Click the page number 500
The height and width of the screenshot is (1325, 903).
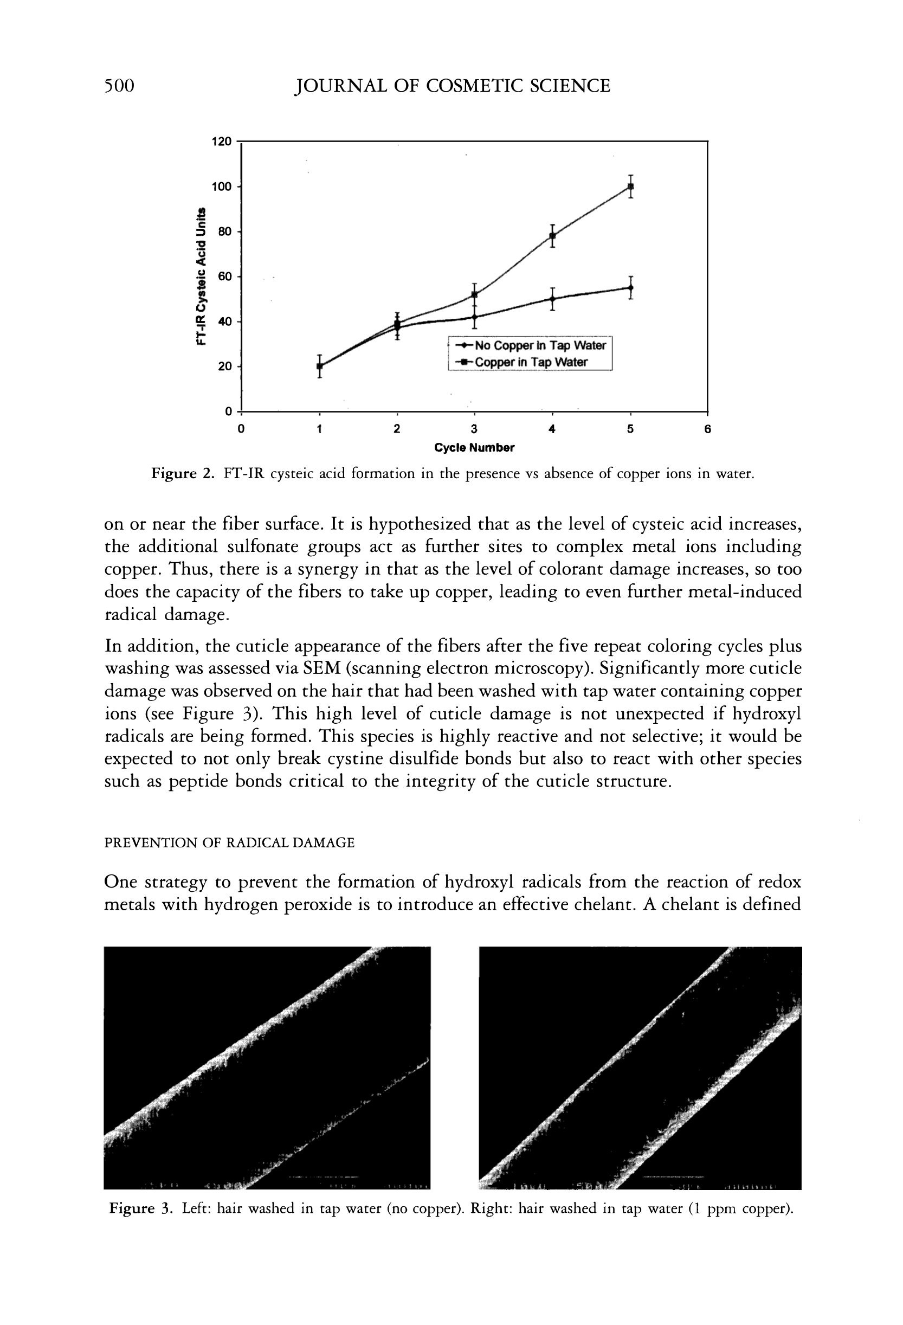[x=119, y=86]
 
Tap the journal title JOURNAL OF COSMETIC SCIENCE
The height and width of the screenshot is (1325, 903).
[x=451, y=86]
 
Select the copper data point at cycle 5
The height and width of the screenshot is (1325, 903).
[x=630, y=186]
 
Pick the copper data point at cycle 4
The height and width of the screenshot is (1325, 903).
[x=552, y=235]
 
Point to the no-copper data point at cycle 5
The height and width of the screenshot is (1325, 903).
[x=630, y=287]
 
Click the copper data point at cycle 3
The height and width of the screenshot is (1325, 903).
[x=474, y=295]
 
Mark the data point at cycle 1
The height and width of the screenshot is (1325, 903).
[x=319, y=366]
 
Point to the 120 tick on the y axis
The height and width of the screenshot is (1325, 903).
[x=222, y=141]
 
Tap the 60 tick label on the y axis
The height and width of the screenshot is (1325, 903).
[x=224, y=276]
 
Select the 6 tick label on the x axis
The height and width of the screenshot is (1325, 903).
[x=707, y=429]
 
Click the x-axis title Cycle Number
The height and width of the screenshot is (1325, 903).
[x=474, y=448]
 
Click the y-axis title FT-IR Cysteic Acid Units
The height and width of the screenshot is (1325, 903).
[x=201, y=276]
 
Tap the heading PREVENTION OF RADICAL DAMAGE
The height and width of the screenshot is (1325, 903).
[x=229, y=842]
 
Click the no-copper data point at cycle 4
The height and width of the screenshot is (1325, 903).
[x=552, y=298]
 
